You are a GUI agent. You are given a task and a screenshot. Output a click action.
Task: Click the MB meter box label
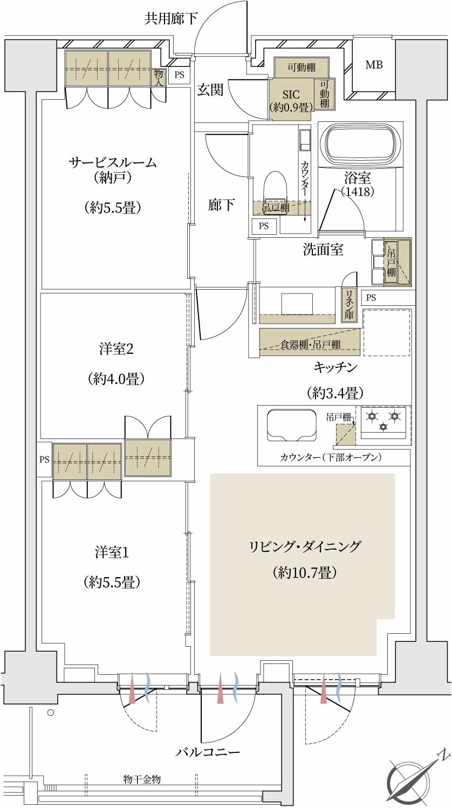tap(374, 65)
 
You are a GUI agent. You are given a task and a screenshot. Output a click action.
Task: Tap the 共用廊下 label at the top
tap(171, 18)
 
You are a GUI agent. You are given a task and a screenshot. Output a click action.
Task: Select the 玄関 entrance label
tap(210, 90)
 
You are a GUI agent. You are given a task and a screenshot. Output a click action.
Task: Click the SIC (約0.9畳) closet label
tap(291, 100)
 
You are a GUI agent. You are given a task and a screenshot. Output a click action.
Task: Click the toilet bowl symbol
tap(276, 193)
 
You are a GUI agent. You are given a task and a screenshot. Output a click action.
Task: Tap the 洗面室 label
tap(323, 250)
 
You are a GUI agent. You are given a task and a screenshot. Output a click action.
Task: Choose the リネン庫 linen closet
tap(349, 305)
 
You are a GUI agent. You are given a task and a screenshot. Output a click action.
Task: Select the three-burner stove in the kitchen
tap(383, 422)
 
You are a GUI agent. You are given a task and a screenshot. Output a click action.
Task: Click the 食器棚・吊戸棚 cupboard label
tap(310, 345)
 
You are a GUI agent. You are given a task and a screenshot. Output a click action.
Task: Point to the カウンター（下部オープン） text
tap(331, 457)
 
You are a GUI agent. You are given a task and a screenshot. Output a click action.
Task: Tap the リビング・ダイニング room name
tap(305, 546)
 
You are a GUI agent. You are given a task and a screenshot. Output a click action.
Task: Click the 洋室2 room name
tap(116, 349)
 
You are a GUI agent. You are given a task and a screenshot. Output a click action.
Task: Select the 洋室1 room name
tap(112, 552)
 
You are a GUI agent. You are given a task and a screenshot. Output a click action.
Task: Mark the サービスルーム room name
tap(113, 163)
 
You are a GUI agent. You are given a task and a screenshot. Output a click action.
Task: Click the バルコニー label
tap(208, 752)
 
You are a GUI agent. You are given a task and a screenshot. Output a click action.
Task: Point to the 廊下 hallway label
tap(221, 205)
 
